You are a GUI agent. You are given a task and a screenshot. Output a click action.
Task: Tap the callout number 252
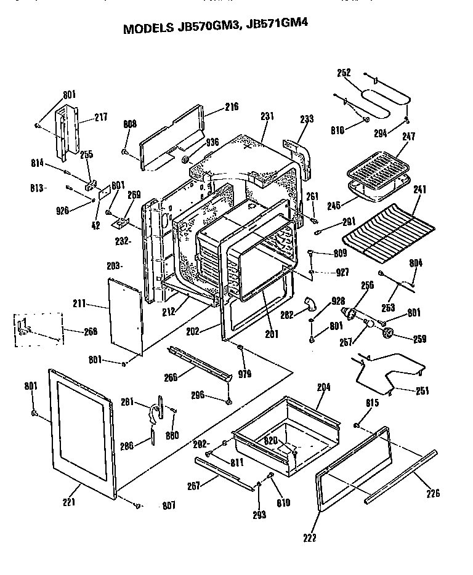coord(344,73)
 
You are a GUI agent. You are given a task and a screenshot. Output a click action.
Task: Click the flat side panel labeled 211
coord(126,314)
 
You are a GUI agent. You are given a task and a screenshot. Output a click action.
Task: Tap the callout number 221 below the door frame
coord(68,502)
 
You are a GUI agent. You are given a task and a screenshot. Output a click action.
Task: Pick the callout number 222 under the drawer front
coord(309,537)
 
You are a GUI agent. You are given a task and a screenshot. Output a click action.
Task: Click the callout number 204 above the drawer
coord(323,387)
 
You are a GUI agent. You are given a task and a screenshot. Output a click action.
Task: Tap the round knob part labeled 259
coord(388,333)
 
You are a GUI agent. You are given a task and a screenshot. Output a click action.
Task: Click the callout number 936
coord(212,142)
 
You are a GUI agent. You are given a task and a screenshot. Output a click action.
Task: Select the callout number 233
coord(307,119)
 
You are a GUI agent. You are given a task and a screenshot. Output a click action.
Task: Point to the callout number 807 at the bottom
coord(169,506)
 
